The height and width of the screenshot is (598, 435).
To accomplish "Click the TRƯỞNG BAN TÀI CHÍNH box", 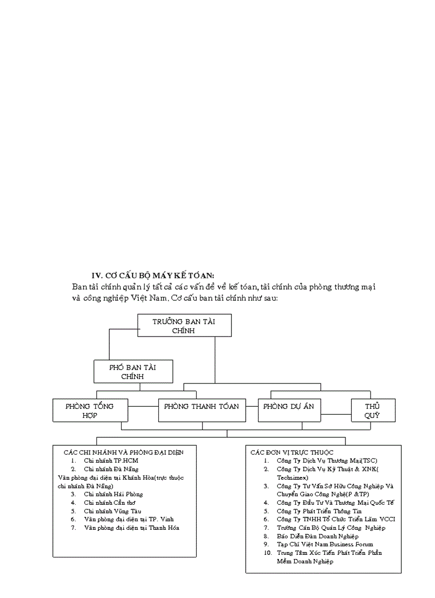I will [184, 325].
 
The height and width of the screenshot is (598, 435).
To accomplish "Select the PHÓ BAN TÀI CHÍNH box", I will [133, 371].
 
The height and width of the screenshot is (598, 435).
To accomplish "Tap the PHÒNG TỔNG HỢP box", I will [90, 411].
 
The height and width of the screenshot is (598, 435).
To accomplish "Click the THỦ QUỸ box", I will [372, 411].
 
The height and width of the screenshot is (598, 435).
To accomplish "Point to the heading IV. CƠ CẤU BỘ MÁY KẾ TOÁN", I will [153, 275].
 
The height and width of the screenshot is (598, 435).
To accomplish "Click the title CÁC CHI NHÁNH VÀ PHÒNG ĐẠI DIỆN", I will [123, 452].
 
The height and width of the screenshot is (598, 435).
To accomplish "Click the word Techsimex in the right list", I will [291, 478].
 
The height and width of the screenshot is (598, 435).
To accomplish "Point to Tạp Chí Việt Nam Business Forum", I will [325, 544].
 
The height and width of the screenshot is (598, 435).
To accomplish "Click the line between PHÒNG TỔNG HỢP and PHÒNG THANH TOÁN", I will [143, 407].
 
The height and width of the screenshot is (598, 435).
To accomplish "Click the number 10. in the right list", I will [268, 553].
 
